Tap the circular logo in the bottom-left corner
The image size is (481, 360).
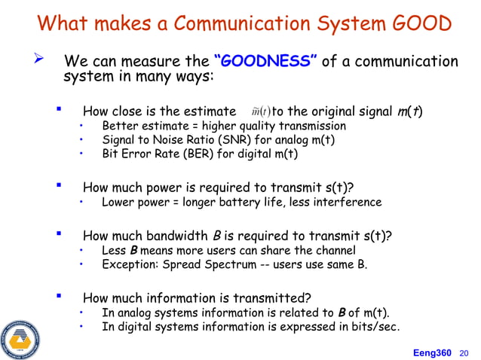coord(21,338)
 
